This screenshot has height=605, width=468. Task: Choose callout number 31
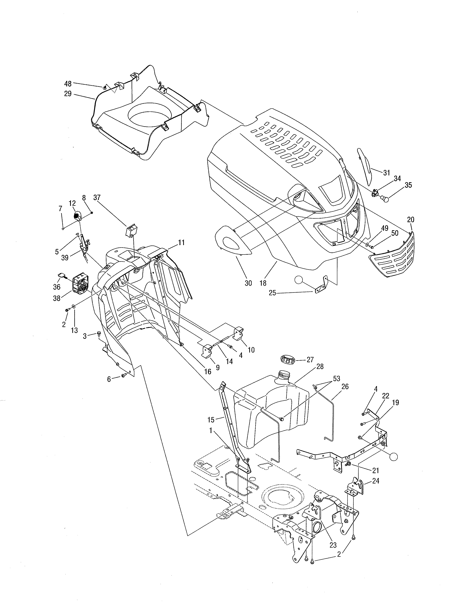click(386, 173)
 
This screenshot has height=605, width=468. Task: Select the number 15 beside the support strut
click(211, 420)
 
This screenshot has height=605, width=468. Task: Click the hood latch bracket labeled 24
click(355, 487)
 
